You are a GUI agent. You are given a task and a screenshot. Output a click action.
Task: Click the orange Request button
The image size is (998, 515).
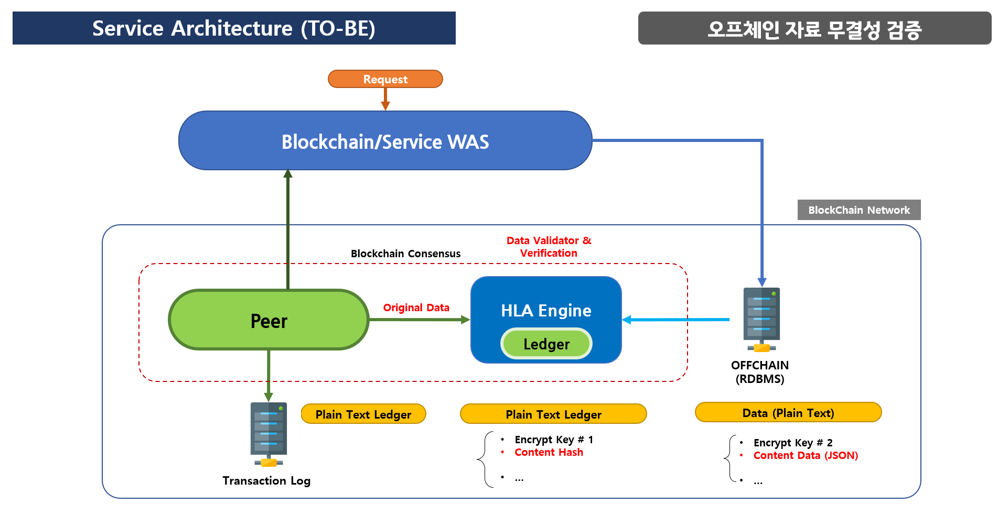tap(385, 79)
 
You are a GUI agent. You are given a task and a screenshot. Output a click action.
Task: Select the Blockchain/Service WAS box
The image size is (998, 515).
tap(385, 140)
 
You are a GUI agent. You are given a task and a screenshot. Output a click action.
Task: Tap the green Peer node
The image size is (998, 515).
tap(269, 320)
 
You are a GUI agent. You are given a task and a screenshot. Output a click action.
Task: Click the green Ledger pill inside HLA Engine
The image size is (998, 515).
tap(546, 344)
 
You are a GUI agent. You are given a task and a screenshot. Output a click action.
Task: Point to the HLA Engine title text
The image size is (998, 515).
tap(546, 311)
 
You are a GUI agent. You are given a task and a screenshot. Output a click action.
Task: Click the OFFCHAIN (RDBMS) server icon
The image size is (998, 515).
tap(761, 320)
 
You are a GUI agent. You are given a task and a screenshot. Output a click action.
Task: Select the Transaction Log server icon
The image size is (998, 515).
tap(269, 434)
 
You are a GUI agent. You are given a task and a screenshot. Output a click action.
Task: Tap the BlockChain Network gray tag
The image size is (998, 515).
tap(859, 210)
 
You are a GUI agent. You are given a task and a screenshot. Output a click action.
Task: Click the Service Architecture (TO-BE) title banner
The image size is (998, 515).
tap(234, 28)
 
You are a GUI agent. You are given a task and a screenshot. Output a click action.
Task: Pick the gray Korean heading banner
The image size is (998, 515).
tap(814, 28)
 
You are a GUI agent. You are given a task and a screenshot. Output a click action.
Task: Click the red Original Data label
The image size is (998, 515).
tap(416, 308)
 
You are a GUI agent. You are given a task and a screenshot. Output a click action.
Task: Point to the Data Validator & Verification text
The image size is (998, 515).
tap(549, 247)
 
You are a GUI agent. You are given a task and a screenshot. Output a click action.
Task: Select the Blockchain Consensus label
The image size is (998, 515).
tap(405, 254)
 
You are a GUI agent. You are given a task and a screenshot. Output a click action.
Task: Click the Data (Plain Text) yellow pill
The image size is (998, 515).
tap(788, 412)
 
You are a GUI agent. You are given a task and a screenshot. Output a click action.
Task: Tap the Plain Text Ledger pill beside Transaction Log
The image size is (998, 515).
tap(363, 414)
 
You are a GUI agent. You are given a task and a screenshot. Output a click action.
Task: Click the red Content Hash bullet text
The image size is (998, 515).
tap(549, 452)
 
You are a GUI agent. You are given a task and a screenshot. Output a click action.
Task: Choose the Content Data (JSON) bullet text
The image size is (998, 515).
tap(806, 455)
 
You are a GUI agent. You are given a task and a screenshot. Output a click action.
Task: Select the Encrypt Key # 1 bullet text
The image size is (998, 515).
tap(554, 440)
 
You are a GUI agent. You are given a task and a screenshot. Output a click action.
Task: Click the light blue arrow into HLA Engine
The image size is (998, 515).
tap(675, 319)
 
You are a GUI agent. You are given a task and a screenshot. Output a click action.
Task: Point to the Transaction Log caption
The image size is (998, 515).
tap(266, 480)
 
